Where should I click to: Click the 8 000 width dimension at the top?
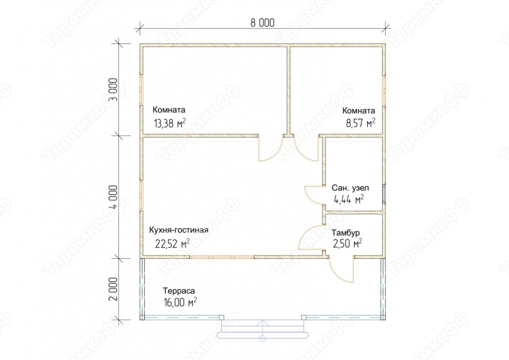tap(263, 23)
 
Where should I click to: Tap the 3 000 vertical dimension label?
tap(113, 90)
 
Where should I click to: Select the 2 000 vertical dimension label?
tap(113, 289)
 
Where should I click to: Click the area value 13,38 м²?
tap(169, 123)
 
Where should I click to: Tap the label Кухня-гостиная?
tap(178, 230)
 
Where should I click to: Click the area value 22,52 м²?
tap(172, 243)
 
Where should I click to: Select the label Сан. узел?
tap(350, 188)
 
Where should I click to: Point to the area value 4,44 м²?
tap(349, 199)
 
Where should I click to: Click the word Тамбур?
tap(345, 233)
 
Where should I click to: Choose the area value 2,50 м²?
tap(348, 243)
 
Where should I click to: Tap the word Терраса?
tap(179, 291)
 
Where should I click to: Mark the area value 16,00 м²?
tap(180, 302)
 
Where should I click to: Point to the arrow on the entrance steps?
tap(263, 330)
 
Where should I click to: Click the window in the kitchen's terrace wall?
tap(222, 257)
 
